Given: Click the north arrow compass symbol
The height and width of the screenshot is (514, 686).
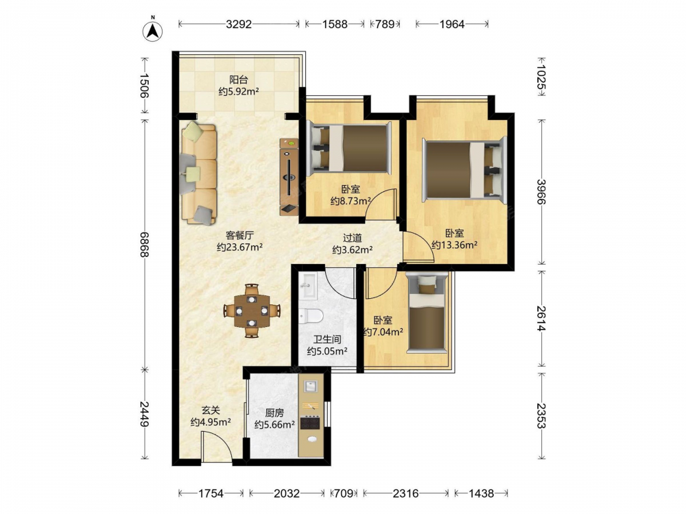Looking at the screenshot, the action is (x=153, y=30).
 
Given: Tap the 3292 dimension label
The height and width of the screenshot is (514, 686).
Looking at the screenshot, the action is (x=239, y=24).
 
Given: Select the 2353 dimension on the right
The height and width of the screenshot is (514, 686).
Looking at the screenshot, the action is (x=542, y=416).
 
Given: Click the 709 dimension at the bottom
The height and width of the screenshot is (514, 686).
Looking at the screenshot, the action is (x=344, y=493).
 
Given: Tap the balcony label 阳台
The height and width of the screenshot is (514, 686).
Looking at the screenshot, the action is (x=239, y=80).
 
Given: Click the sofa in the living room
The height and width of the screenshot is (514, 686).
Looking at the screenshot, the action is (x=199, y=173).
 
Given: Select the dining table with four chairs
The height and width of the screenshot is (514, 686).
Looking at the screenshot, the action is (x=252, y=310).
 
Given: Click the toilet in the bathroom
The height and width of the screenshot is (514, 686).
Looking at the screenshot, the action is (x=311, y=315).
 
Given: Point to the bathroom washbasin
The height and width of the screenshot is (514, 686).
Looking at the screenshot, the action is (x=308, y=286).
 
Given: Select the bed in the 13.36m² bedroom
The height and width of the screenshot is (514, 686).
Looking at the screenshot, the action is (x=464, y=171).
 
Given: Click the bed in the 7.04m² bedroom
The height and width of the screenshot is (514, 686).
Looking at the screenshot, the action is (x=427, y=313).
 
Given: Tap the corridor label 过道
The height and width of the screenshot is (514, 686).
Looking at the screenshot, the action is (x=352, y=238).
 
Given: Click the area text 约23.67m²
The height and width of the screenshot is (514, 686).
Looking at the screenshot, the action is (x=239, y=247).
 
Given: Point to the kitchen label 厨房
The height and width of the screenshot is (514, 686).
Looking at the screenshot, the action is (x=274, y=413).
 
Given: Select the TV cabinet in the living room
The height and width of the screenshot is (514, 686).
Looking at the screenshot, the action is (x=289, y=177).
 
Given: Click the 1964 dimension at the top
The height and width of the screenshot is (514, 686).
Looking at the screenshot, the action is (x=452, y=24).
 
